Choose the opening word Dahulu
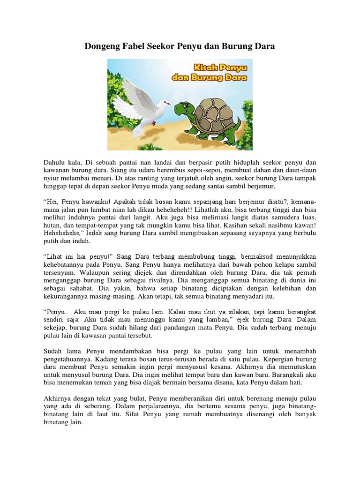(x=56, y=162)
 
